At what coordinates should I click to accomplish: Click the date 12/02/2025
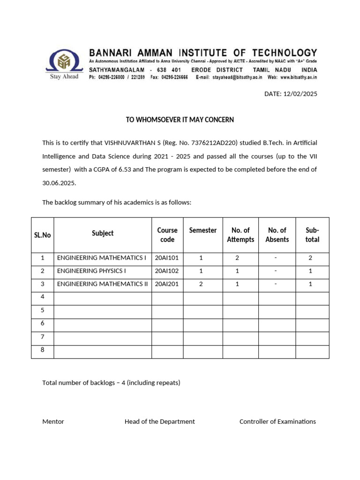coord(301,94)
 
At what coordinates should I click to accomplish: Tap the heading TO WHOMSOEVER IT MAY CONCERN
coord(180,120)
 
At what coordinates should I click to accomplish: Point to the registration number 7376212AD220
coord(214,142)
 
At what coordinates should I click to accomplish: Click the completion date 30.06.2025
coord(59,183)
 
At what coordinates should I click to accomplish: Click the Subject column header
coord(103,233)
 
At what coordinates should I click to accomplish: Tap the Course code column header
coord(167,235)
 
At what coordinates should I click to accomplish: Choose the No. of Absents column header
coord(277,235)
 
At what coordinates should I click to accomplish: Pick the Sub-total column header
coord(312,235)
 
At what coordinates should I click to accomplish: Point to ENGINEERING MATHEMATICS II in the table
coord(102,284)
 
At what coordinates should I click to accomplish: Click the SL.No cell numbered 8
coord(42,350)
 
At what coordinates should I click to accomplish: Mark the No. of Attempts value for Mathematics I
coord(237,258)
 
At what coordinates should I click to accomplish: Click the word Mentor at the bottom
coord(53,421)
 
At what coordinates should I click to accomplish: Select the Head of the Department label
coord(159,421)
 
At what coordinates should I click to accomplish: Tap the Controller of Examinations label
coord(277,421)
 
